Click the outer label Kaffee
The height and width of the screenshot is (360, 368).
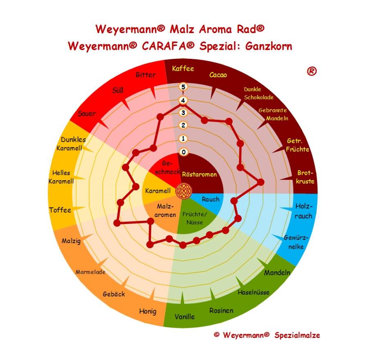(x=183, y=68)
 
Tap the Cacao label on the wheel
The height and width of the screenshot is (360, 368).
(x=218, y=75)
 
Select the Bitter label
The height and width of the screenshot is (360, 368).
(x=146, y=75)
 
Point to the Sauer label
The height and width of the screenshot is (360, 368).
(x=87, y=113)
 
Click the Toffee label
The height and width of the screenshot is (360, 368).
(x=60, y=210)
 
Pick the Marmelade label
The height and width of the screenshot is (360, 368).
(x=90, y=272)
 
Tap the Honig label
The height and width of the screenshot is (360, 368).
(x=148, y=311)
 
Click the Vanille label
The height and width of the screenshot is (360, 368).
(x=185, y=317)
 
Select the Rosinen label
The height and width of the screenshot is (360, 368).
(x=221, y=311)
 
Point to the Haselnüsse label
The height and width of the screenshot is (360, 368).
(x=254, y=292)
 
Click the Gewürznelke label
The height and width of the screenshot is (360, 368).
(x=296, y=242)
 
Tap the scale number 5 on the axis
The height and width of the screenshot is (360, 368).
(x=184, y=87)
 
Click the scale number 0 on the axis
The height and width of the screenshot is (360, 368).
(x=184, y=152)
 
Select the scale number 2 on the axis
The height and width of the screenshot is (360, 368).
(x=184, y=125)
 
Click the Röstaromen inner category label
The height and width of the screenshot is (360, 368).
(x=199, y=174)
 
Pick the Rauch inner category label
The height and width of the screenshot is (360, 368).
(x=211, y=199)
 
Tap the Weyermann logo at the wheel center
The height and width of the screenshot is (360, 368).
(x=183, y=190)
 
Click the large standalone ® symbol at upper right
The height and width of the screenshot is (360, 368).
(x=312, y=72)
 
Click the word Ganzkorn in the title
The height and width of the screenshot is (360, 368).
(x=269, y=46)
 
